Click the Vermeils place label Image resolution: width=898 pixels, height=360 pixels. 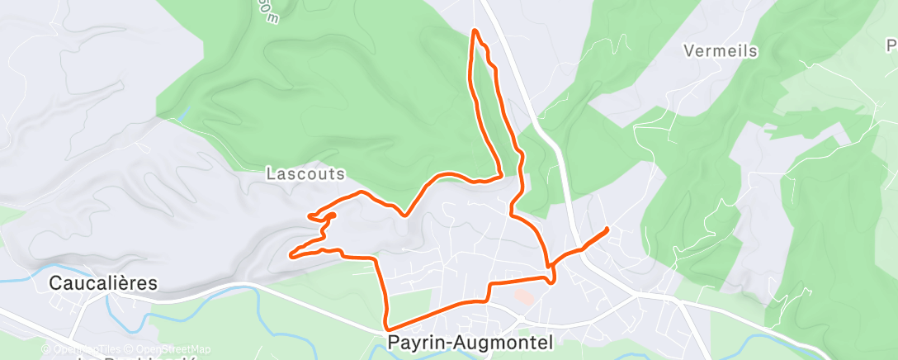tap(721, 51)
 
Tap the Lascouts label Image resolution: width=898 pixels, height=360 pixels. tap(305, 174)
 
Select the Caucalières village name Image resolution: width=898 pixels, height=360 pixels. tap(103, 283)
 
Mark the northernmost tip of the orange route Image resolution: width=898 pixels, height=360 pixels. tap(475, 31)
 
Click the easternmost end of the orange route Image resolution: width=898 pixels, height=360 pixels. tap(607, 229)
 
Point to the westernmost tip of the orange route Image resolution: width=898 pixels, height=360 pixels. tap(291, 255)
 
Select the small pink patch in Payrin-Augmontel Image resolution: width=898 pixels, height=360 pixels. tap(523, 295)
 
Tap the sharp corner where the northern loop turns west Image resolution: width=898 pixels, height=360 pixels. tap(501, 173)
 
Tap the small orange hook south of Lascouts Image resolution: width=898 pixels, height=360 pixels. tap(331, 217)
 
